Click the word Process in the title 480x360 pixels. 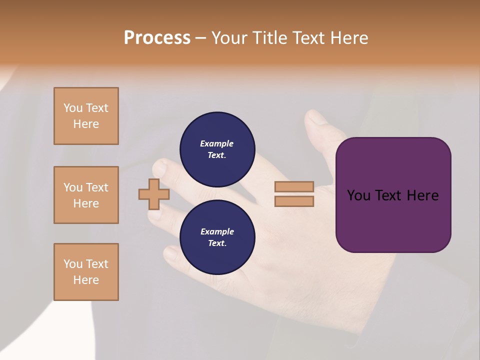157,38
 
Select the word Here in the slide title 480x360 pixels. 346,38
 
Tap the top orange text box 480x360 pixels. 86,116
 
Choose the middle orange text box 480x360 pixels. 86,195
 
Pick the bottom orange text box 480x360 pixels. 86,272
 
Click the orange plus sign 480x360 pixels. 154,194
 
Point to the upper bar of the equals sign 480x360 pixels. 294,187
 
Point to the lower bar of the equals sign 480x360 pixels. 294,201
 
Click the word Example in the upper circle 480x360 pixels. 217,143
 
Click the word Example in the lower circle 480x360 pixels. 217,231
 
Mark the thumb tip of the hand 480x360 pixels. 313,117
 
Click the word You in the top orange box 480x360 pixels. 72,108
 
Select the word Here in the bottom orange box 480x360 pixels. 86,280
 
